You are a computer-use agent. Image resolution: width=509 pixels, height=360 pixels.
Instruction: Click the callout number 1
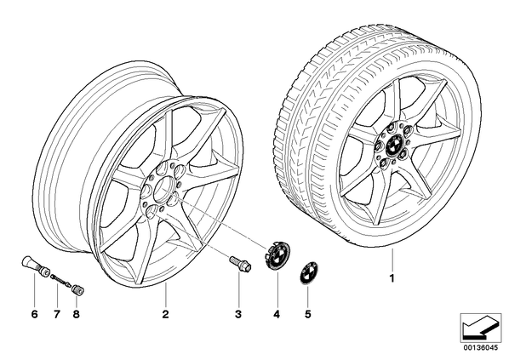pos(392,278)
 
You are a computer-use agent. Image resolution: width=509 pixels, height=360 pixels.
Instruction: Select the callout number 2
pos(166,314)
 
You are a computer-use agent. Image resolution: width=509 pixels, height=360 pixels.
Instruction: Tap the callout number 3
pos(238,314)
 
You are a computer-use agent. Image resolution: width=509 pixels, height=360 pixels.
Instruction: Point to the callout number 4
pos(277,314)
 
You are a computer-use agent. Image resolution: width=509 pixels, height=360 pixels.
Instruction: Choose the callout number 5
pos(308,314)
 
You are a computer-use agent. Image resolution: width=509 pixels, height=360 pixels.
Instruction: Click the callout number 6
pos(34,314)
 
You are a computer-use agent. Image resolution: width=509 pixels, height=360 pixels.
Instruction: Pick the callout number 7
pos(57,314)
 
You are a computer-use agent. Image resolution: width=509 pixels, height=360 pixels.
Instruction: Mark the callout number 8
pos(77,314)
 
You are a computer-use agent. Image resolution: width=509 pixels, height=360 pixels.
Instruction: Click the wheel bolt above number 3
pos(240,264)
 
